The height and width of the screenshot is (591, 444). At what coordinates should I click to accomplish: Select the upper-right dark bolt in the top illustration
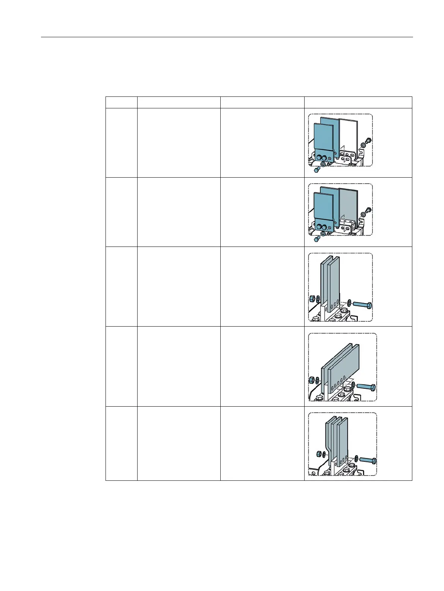(368, 141)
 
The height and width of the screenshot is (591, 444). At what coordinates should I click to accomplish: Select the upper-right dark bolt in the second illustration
(368, 210)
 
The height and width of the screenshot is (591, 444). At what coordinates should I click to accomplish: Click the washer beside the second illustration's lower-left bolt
(322, 234)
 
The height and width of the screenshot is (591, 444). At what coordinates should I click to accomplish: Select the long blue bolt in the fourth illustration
(366, 387)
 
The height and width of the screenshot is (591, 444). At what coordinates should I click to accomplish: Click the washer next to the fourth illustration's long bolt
(353, 384)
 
